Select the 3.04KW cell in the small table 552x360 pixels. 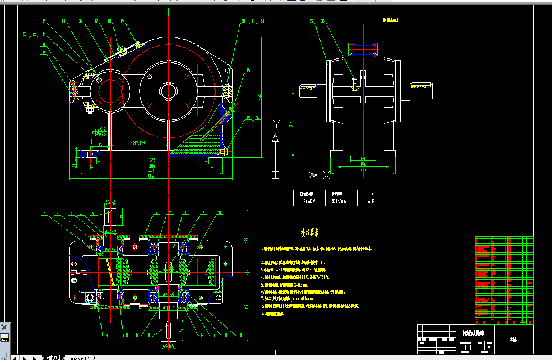[x=309, y=201]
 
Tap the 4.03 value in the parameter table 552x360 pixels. [x=372, y=201]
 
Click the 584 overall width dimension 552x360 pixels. [x=151, y=177]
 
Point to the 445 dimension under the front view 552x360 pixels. [x=151, y=171]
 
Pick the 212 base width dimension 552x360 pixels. [x=363, y=170]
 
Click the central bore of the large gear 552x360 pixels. [x=168, y=90]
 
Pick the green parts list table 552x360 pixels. [x=504, y=279]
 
